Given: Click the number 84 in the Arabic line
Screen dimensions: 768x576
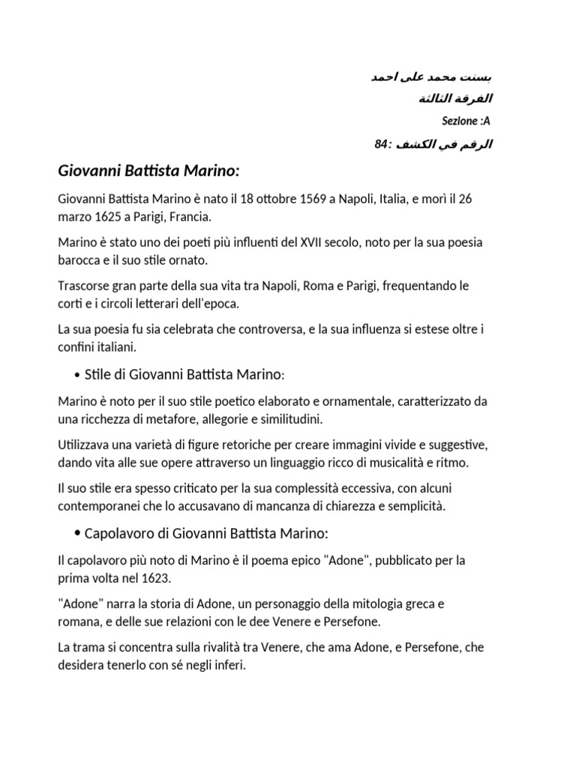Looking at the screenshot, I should [x=380, y=143].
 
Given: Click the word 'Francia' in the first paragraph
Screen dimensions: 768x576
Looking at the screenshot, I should [x=192, y=217].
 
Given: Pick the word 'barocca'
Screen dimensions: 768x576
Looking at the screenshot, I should [x=79, y=259].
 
